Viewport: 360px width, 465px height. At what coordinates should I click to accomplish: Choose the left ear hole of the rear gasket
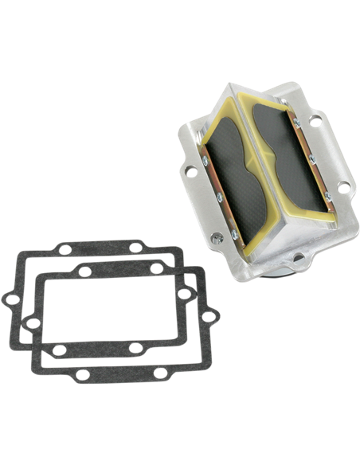click(x=9, y=300)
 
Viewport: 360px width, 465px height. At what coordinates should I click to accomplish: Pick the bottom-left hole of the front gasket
click(x=59, y=350)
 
